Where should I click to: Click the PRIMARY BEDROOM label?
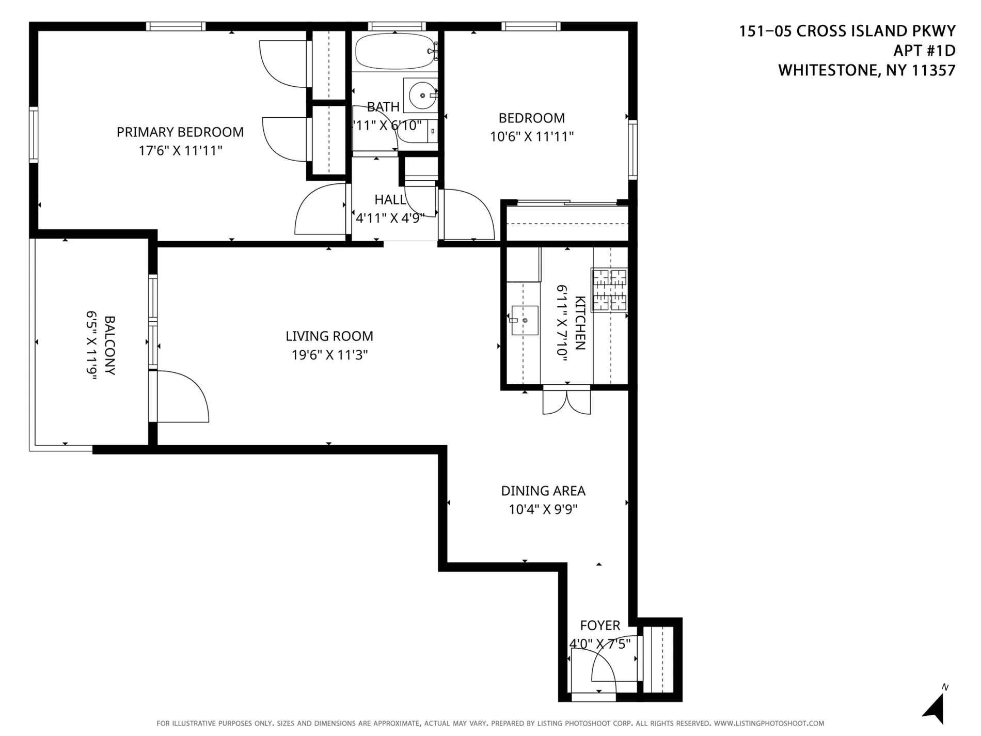180,132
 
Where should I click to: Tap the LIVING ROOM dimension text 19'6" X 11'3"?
329,355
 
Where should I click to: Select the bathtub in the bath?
395,51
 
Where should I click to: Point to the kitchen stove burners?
609,290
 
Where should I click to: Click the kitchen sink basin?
525,320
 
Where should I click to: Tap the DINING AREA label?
543,491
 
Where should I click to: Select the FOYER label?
599,625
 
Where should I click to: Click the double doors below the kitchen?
566,402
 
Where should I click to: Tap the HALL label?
390,199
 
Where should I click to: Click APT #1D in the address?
924,50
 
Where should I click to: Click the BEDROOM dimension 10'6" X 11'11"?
532,136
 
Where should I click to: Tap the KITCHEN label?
580,323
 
